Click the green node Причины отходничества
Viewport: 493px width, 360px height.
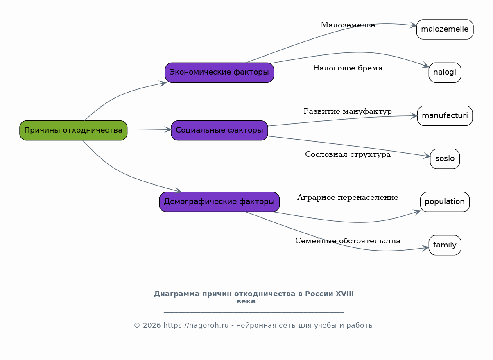(73, 130)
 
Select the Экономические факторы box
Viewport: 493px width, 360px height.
(219, 72)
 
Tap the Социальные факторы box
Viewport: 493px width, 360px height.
(219, 130)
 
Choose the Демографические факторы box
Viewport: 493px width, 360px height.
(219, 202)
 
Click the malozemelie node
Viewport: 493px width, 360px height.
(445, 29)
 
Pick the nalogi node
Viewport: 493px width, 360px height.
(445, 72)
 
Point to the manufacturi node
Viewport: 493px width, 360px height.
(445, 115)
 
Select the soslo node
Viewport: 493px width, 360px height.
(445, 159)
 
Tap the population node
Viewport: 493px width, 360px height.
(445, 202)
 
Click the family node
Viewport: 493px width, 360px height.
(445, 245)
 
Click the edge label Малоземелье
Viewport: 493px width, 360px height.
(348, 25)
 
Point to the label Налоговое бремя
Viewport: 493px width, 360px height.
(348, 68)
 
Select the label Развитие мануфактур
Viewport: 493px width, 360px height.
(348, 111)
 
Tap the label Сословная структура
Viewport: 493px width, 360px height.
(348, 154)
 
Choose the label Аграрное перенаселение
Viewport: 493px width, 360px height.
(348, 197)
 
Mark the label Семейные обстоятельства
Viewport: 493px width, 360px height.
(348, 241)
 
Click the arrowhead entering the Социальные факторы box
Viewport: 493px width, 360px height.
(168, 129)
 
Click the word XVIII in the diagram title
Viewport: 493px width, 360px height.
(345, 294)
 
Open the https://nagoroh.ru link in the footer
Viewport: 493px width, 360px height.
(196, 325)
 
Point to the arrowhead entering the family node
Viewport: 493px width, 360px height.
(425, 248)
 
